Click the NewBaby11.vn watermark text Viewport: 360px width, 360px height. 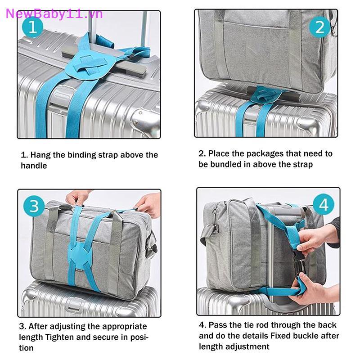[x=54, y=14]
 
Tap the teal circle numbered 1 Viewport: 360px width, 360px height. [x=32, y=27]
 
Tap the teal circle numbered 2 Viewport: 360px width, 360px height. [x=320, y=27]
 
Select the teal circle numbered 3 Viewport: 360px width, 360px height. [x=34, y=206]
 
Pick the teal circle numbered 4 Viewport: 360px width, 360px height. [x=324, y=204]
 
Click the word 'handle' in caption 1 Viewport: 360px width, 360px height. [x=34, y=166]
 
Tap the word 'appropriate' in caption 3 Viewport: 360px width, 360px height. [x=125, y=327]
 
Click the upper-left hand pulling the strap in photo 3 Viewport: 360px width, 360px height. [x=78, y=197]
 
